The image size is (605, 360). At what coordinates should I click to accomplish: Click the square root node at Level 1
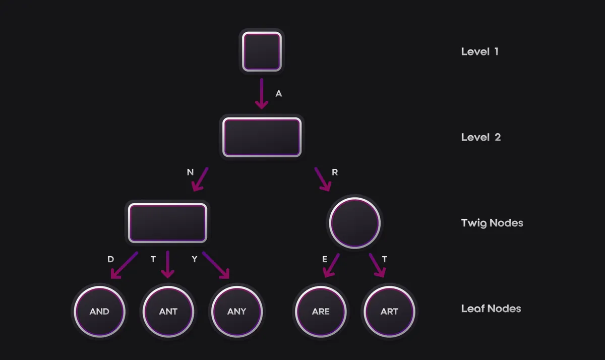pos(261,51)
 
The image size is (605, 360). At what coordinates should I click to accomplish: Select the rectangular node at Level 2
pos(262,137)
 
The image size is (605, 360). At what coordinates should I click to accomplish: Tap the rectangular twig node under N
pos(167,223)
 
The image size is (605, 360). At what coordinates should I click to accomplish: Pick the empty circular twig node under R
pos(354,223)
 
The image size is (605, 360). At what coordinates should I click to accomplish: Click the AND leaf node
pos(99,311)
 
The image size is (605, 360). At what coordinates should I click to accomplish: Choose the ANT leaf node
pos(168,311)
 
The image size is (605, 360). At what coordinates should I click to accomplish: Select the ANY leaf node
pos(236,311)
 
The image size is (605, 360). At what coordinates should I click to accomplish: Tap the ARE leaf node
pos(321,311)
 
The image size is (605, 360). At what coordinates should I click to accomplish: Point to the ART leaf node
pos(389,311)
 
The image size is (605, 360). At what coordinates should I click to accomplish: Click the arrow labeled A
pos(261,94)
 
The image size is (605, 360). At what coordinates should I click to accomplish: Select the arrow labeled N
pos(200,179)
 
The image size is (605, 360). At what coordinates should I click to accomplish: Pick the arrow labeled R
pos(323,179)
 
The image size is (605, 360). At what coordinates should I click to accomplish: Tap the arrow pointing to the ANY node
pos(216,265)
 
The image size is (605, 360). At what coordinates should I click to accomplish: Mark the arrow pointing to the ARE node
pos(331,265)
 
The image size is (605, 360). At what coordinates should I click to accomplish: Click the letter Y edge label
pos(194,259)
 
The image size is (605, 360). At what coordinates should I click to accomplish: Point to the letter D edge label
pos(110,259)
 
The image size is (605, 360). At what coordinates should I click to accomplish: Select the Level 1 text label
pos(479,51)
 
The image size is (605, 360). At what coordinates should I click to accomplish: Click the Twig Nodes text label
pos(492,223)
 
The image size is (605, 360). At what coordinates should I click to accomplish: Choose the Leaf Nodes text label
pos(491,309)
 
